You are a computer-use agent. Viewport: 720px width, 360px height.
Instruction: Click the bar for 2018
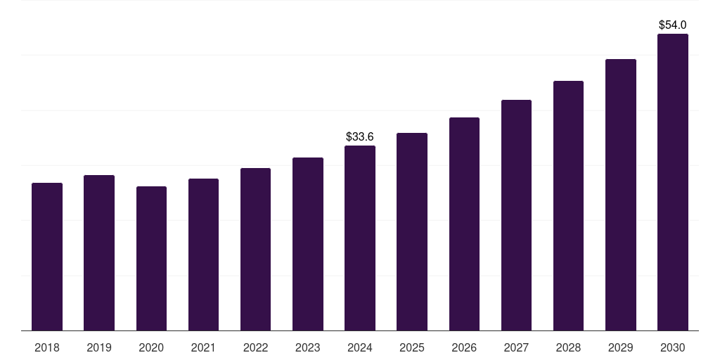pos(47,257)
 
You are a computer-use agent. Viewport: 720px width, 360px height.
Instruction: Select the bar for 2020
pos(151,258)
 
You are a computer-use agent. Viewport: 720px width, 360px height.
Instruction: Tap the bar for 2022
pos(255,249)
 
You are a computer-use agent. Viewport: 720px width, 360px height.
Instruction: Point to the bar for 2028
pos(568,205)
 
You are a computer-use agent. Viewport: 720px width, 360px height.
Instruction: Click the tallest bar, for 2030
pos(673,182)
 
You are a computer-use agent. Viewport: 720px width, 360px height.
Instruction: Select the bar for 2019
pos(99,252)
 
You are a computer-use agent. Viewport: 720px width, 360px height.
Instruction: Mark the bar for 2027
pos(516,215)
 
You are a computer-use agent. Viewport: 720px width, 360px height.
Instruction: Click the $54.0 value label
pos(673,25)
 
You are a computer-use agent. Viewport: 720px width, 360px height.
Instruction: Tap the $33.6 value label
pos(360,136)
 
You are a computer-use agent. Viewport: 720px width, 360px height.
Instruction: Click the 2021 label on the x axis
pos(203,347)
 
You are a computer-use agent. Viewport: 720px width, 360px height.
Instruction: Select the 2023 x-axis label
pos(308,347)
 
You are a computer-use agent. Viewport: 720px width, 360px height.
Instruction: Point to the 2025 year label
pos(412,347)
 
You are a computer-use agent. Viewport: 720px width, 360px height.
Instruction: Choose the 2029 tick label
pos(621,347)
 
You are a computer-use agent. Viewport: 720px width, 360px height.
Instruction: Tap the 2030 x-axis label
pos(673,347)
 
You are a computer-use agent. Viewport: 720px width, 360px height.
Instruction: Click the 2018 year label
pos(47,347)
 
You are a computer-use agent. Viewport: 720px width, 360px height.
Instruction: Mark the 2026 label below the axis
pos(464,347)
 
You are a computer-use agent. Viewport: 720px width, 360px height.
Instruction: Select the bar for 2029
pos(621,195)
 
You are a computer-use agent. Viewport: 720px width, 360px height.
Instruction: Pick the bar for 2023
pos(308,244)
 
